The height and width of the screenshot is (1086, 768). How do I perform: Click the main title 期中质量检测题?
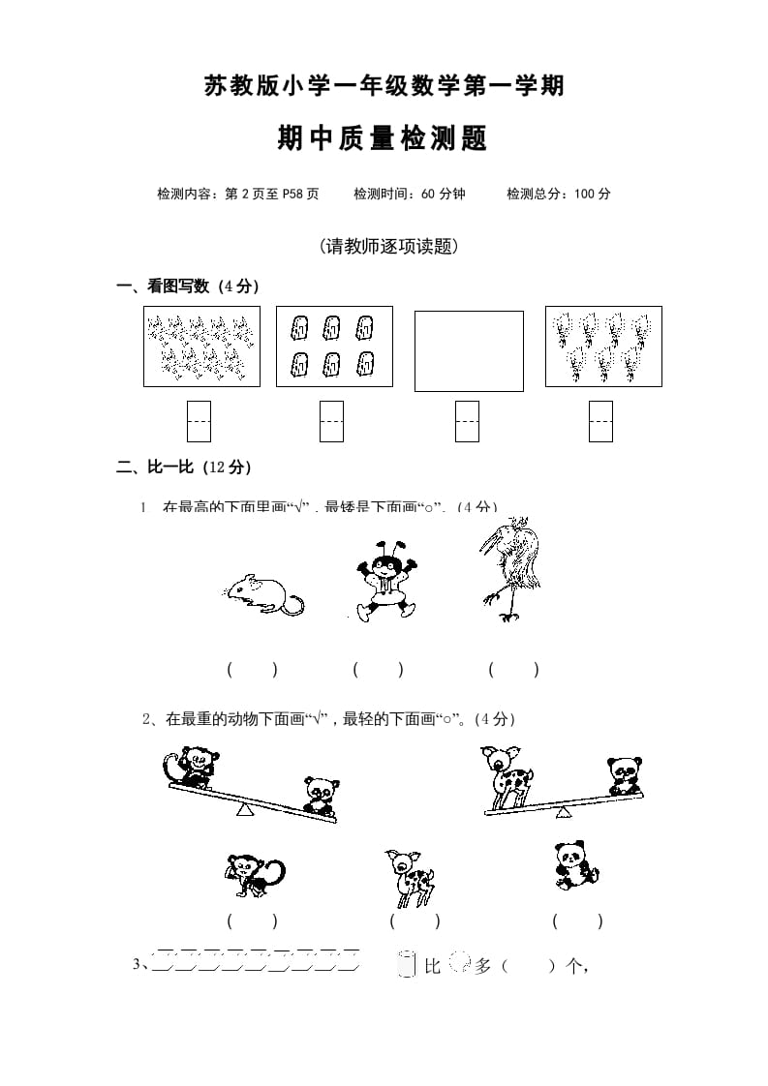pyautogui.click(x=383, y=139)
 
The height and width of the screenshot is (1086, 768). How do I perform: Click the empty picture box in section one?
pyautogui.click(x=469, y=350)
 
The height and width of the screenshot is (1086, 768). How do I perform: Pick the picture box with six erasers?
pyautogui.click(x=334, y=347)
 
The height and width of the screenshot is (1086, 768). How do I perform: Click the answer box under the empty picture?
pyautogui.click(x=467, y=421)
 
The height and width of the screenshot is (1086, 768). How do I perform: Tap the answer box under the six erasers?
pyautogui.click(x=332, y=421)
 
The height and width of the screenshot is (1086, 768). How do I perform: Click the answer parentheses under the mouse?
pyautogui.click(x=252, y=669)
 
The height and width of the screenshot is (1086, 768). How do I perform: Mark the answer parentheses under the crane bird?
pyautogui.click(x=513, y=669)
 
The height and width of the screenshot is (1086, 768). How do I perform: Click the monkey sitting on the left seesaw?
pyautogui.click(x=188, y=767)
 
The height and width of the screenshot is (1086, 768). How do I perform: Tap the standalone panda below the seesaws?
pyautogui.click(x=576, y=865)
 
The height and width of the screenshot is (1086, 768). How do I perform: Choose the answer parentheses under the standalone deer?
pyautogui.click(x=415, y=921)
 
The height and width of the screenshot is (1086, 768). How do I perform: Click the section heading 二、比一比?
pyautogui.click(x=184, y=468)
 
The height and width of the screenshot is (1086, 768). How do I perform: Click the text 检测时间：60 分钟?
pyautogui.click(x=410, y=194)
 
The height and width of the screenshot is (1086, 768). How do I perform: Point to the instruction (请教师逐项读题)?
pyautogui.click(x=387, y=247)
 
